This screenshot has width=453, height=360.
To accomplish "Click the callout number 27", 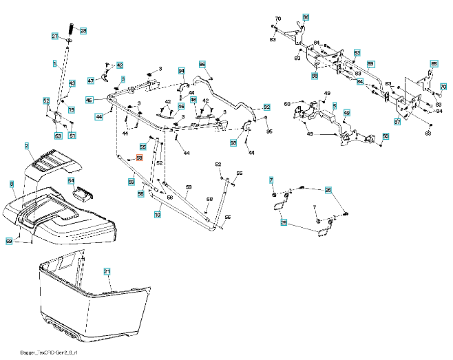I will pos(56,36).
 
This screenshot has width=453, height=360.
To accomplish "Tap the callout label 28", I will pos(83,31).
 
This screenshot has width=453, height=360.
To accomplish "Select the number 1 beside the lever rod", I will pos(54,63).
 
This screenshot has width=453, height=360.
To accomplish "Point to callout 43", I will pos(72,83).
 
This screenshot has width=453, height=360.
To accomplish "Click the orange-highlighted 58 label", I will pos(139,158).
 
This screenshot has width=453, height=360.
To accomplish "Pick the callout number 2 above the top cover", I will pos(26,146).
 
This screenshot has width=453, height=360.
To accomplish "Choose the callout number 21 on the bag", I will pos(107,272).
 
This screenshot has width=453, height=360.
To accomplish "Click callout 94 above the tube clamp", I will pos(182,70).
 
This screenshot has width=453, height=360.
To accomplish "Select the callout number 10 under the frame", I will pos(158,215).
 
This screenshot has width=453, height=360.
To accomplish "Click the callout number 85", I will pos(434,64).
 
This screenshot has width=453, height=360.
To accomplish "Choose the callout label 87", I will pos(397,122).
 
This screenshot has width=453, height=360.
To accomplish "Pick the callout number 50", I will pos(386,136).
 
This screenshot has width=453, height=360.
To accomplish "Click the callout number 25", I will pos(284,222).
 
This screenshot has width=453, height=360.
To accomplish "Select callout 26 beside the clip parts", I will pos(328,189).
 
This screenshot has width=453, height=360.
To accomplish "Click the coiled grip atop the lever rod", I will pos(72,30).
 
